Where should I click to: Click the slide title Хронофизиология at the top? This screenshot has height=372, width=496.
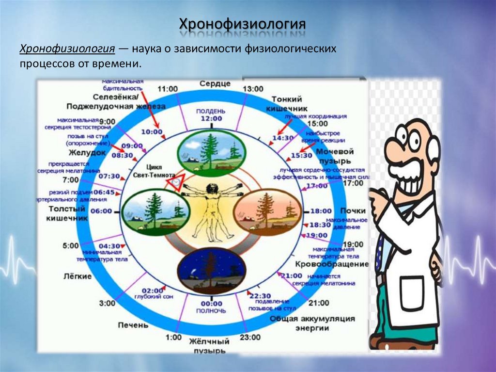pyautogui.click(x=243, y=24)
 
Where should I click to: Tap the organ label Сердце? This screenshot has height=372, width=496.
pyautogui.click(x=215, y=83)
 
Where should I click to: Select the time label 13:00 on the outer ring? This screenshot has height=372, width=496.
pyautogui.click(x=252, y=89)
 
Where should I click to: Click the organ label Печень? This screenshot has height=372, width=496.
pyautogui.click(x=133, y=325)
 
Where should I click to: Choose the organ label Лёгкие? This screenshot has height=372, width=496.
pyautogui.click(x=77, y=276)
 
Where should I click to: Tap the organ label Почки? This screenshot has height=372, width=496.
pyautogui.click(x=352, y=211)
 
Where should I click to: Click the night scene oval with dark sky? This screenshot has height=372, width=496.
pyautogui.click(x=211, y=271)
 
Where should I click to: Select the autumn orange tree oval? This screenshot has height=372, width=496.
pyautogui.click(x=267, y=212)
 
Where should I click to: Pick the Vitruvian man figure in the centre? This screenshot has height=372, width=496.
pyautogui.click(x=211, y=206)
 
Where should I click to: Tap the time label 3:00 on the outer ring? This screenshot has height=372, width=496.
pyautogui.click(x=107, y=303)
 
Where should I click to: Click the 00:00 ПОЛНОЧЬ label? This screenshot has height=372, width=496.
pyautogui.click(x=211, y=307)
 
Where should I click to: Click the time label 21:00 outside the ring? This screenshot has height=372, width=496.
pyautogui.click(x=318, y=303)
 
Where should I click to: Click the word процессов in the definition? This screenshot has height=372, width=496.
pyautogui.click(x=43, y=64)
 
